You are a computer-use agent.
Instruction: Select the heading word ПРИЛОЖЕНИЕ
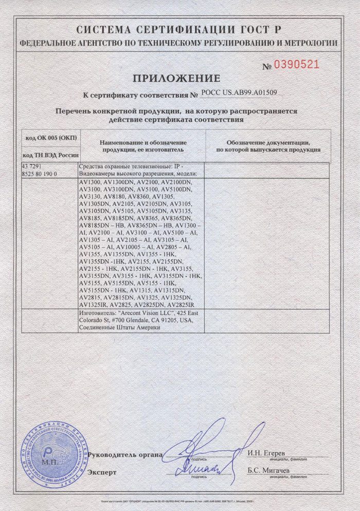[177, 78]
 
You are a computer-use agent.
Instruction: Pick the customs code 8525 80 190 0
[40, 174]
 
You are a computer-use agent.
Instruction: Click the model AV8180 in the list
[115, 197]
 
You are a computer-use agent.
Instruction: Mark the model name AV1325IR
[93, 305]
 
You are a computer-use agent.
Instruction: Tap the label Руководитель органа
[125, 455]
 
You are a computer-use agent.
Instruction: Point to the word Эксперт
[102, 472]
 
